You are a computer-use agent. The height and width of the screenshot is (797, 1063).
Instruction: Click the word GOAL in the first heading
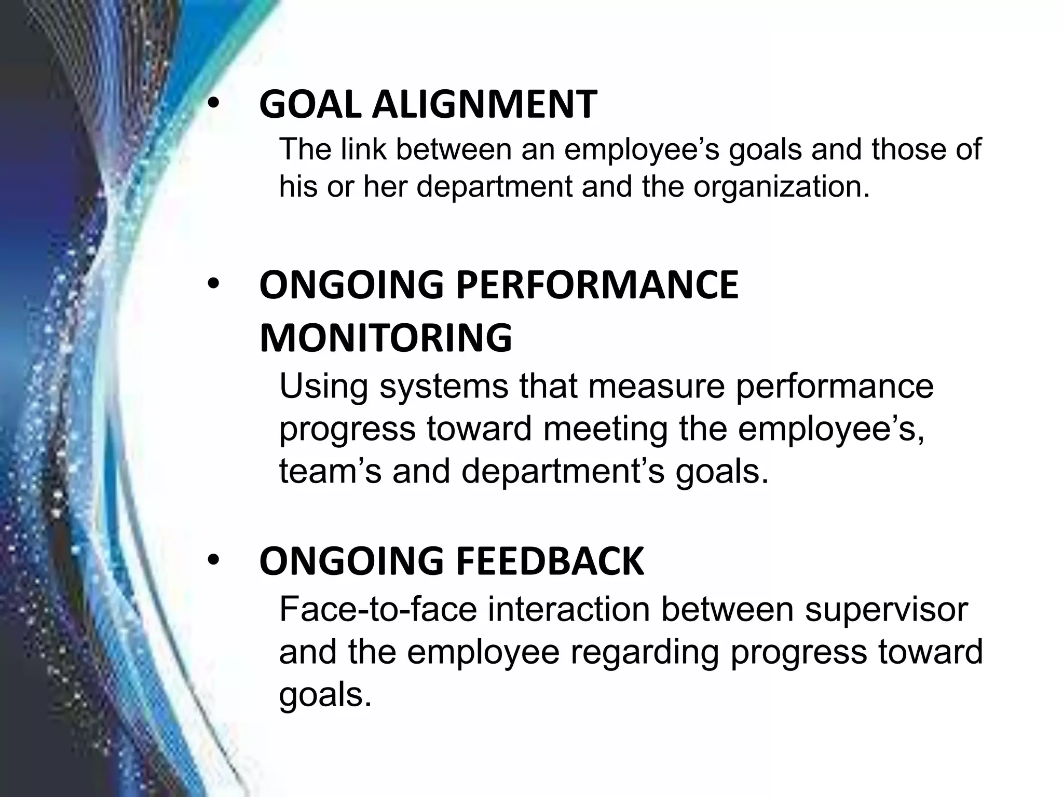(310, 104)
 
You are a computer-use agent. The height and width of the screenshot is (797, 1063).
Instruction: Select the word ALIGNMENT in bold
(484, 104)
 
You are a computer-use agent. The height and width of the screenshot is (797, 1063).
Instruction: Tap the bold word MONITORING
(386, 338)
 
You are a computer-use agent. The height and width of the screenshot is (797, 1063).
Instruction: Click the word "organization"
(781, 186)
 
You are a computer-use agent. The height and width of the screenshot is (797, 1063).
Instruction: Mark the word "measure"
(649, 386)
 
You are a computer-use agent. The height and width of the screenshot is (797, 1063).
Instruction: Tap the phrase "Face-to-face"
(378, 609)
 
